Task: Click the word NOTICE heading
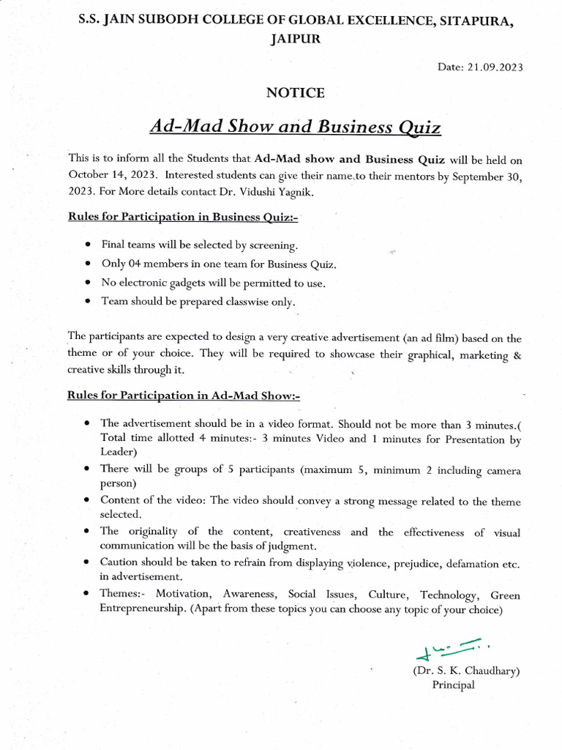coord(295,93)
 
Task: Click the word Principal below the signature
coord(453,685)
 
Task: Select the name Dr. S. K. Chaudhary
coord(467,670)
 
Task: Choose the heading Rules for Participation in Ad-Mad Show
coord(184,396)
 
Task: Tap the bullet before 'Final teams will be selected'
coord(89,245)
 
